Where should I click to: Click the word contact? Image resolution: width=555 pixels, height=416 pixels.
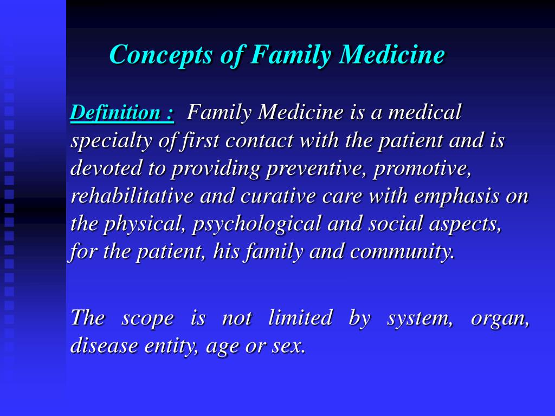pyautogui.click(x=259, y=141)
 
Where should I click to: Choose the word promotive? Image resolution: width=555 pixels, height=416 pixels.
pyautogui.click(x=422, y=168)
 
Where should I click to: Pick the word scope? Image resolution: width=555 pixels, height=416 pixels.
pyautogui.click(x=147, y=318)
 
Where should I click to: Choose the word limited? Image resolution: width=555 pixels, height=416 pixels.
pyautogui.click(x=300, y=317)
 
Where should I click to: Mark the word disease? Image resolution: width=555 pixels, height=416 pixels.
pyautogui.click(x=104, y=346)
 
